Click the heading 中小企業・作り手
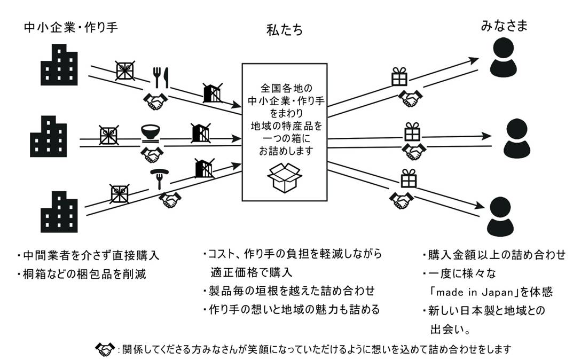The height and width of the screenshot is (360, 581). click(70, 28)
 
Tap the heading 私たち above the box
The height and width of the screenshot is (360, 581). click(285, 30)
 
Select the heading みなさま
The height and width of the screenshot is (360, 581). click(504, 25)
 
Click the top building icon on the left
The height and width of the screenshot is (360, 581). click(59, 68)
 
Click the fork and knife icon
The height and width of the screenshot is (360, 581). click(160, 77)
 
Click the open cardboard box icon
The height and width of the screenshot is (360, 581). click(284, 178)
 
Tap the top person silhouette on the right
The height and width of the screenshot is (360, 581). click(504, 59)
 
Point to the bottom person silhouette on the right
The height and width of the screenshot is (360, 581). click(504, 213)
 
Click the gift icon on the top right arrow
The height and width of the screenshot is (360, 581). click(399, 76)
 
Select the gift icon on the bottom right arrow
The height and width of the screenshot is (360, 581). click(409, 178)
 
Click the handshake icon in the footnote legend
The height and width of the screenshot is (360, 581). click(104, 349)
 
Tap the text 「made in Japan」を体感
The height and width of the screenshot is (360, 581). click(491, 293)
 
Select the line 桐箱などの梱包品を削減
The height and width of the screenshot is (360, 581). click(83, 274)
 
